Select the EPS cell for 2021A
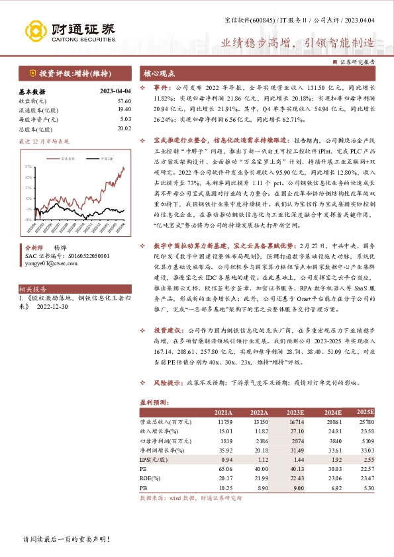pos(225,458)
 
